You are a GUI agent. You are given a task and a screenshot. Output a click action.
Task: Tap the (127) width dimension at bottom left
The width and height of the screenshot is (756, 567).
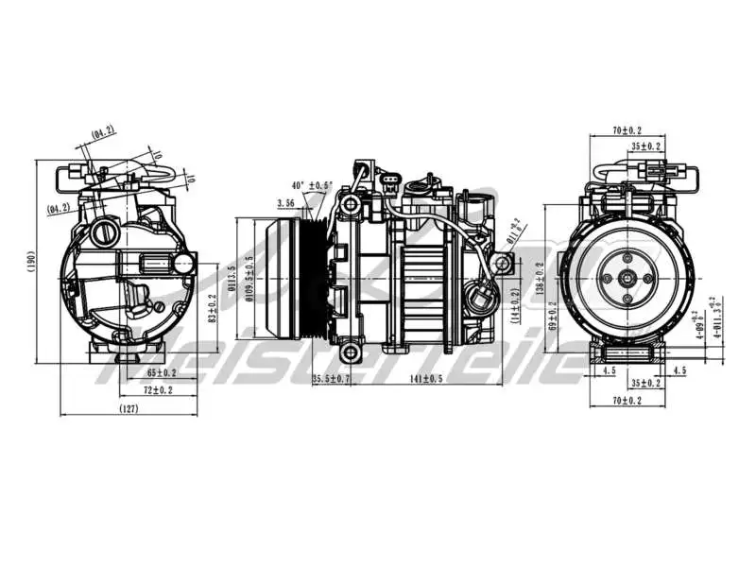coord(130,408)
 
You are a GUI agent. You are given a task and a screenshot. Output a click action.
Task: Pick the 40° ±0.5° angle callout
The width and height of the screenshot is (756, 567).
coord(312,185)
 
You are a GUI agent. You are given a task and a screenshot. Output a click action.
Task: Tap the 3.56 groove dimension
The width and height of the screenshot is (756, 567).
coord(286,202)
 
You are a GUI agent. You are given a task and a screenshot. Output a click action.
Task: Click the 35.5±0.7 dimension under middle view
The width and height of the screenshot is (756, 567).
coord(331,380)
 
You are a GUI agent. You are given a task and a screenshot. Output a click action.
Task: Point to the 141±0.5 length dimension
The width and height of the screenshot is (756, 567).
coord(425,380)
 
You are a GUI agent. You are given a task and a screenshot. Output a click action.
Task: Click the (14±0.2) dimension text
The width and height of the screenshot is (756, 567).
coord(516,304)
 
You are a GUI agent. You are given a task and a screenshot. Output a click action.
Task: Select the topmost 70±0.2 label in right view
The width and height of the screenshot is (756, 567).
coord(627,130)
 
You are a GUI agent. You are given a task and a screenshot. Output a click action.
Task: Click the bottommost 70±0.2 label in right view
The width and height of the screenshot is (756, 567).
coord(627,401)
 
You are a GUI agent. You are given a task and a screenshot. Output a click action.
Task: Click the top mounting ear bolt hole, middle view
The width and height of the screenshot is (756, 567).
coord(351,204)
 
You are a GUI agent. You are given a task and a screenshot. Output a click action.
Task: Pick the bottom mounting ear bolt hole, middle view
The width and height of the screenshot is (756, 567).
coord(351,353)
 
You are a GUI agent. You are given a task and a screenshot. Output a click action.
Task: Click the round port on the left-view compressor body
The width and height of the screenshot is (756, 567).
coord(102,232)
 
